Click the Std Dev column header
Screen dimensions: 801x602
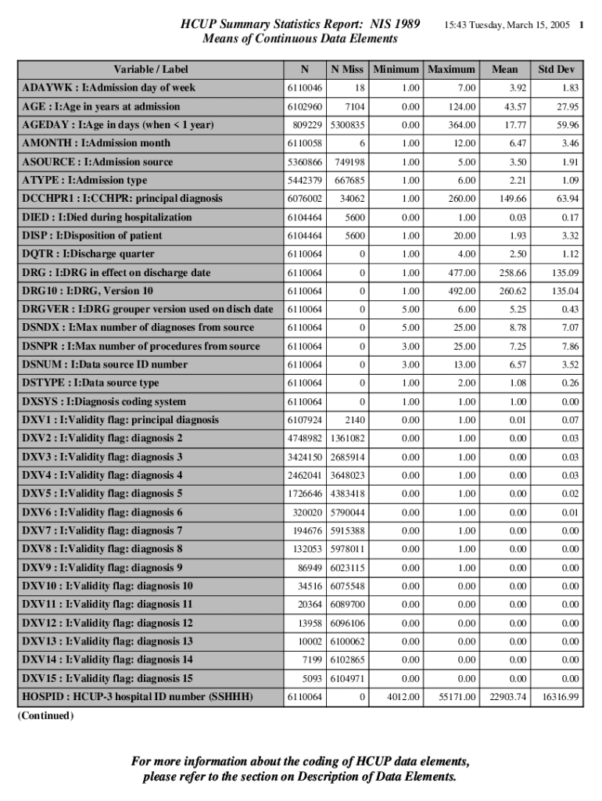coord(555,69)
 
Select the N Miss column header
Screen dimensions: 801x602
coord(348,69)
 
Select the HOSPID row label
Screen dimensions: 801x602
coord(137,696)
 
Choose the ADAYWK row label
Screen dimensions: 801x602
coord(109,88)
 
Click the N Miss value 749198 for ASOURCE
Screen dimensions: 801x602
coord(349,162)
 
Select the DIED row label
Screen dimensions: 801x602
coord(106,217)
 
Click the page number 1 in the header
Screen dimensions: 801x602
coord(582,25)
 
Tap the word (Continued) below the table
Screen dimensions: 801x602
coord(45,717)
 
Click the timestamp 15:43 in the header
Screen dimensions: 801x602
coord(457,25)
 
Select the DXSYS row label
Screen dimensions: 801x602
coord(104,402)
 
